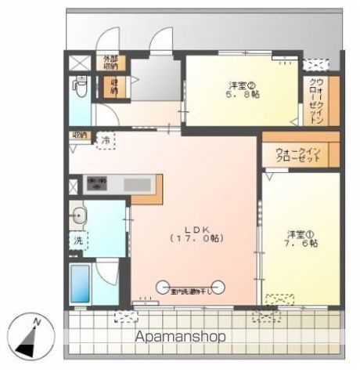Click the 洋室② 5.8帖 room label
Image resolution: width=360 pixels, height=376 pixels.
(242, 91)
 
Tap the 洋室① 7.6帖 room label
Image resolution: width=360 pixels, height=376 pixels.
(301, 238)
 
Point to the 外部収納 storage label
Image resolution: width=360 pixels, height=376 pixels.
(109, 63)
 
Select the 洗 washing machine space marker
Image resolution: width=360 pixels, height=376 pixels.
(79, 240)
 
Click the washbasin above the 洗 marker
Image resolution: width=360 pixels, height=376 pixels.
(78, 214)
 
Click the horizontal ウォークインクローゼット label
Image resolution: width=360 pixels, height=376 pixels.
(298, 154)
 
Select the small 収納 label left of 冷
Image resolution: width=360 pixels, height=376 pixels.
(79, 135)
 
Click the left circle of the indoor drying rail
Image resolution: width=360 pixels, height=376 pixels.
(164, 286)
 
